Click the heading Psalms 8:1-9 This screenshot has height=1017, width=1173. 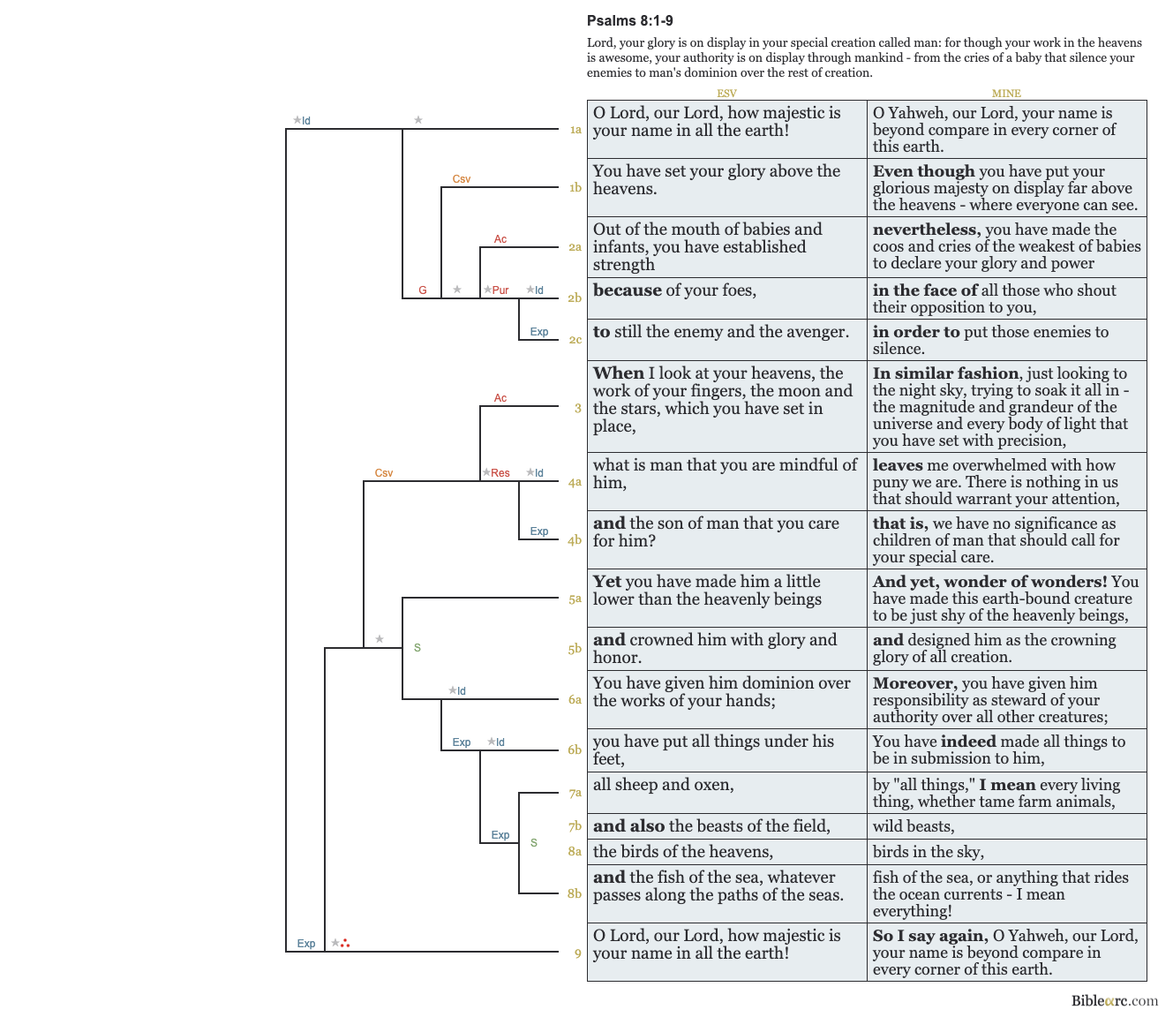coord(629,21)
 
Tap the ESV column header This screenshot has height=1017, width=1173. coord(726,93)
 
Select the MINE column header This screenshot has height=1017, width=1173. coord(1006,93)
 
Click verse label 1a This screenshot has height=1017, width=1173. coord(575,130)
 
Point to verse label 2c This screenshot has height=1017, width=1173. coord(575,340)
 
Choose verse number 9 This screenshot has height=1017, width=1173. coord(578,953)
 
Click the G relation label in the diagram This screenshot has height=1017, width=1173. coord(423,290)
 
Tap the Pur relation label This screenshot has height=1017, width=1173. coord(500,290)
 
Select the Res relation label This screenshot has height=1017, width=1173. coord(500,473)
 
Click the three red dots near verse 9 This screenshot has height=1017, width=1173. coord(345,944)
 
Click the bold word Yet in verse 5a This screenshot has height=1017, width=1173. coord(607,582)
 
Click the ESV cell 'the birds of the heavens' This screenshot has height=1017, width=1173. coord(683,852)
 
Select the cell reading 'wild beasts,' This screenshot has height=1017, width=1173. coord(914,826)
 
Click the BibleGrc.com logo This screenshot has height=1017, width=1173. coord(1114,1000)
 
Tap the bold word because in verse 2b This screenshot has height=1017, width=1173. coord(627,290)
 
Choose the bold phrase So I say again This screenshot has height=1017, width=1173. coord(929,936)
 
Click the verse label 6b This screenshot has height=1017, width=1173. coord(575,750)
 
